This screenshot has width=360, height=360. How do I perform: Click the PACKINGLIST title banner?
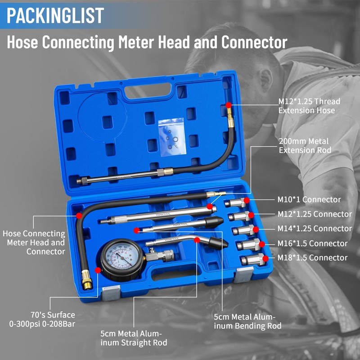[55, 15]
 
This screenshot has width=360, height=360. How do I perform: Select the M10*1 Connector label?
[308, 199]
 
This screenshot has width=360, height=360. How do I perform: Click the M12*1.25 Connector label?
[314, 214]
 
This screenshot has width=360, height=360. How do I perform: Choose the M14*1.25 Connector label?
[314, 229]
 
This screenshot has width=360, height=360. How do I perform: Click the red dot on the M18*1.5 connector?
[265, 258]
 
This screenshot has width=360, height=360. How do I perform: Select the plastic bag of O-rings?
[171, 137]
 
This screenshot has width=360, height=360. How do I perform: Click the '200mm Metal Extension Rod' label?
[305, 145]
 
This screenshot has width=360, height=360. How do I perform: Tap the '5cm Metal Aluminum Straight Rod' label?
[134, 338]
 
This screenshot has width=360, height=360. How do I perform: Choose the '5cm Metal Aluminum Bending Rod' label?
[247, 321]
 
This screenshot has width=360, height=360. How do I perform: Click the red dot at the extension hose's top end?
[229, 105]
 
